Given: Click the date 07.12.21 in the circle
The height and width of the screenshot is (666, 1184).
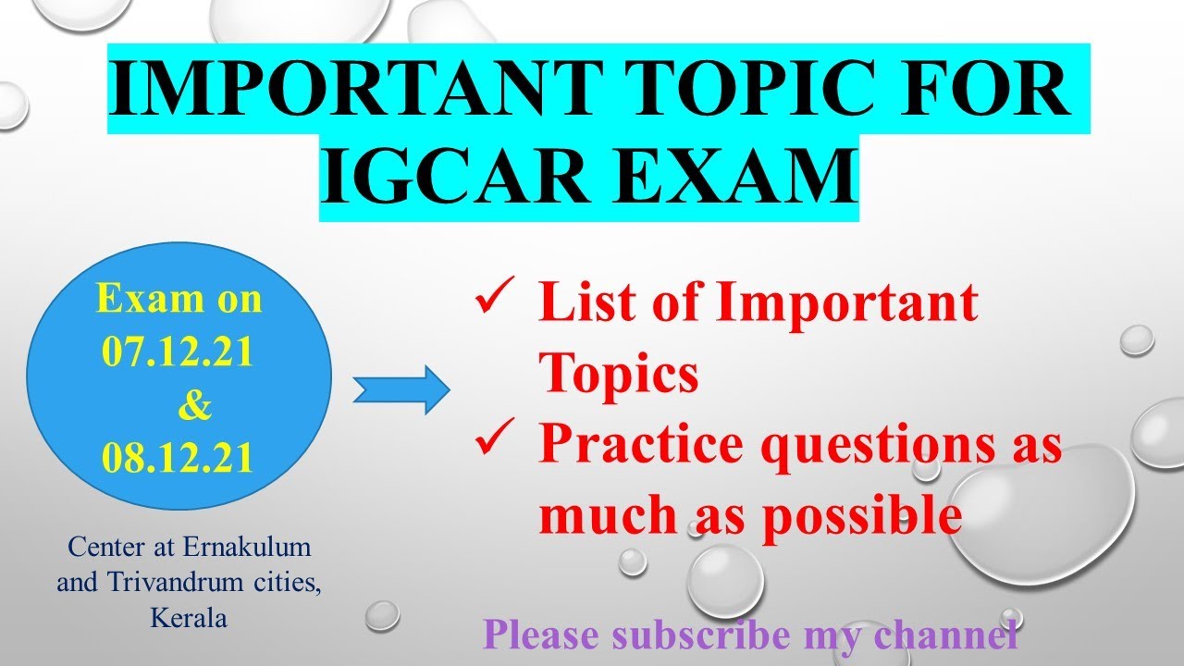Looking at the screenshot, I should point(178,353).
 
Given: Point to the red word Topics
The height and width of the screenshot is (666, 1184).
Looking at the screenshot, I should point(619,375).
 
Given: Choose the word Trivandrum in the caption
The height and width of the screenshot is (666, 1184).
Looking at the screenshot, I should point(184,583).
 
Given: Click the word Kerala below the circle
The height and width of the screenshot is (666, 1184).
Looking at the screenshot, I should point(189,618).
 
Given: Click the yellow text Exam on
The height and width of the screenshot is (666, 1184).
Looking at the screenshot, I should point(179,300).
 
